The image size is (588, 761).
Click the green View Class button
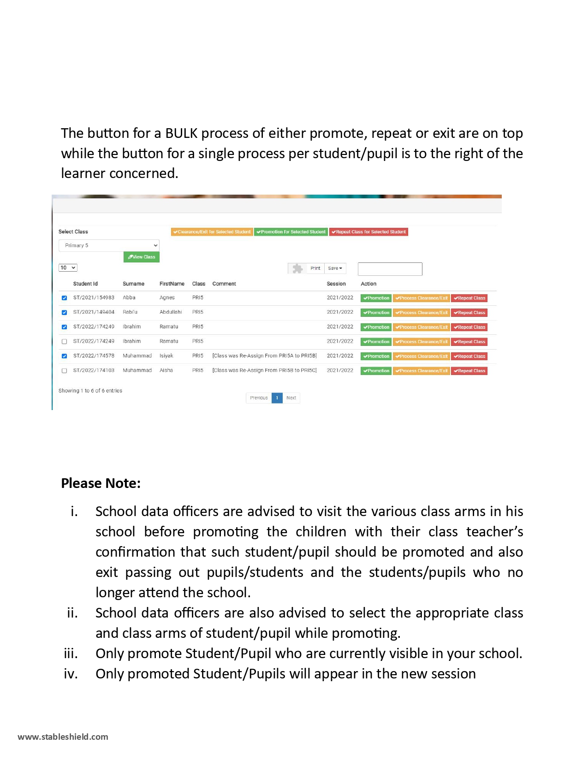pos(142,257)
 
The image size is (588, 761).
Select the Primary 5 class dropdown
pos(109,245)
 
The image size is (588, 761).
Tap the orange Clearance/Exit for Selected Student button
pos(212,232)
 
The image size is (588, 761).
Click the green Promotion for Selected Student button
pos(291,232)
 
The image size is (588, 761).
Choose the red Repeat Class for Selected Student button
pos(368,232)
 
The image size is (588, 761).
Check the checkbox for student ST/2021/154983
pos(65,298)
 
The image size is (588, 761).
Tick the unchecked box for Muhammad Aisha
pos(65,371)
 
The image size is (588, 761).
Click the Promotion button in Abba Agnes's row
pos(376,298)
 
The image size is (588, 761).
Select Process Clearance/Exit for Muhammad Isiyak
pos(421,357)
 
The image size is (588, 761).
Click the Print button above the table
pos(315,268)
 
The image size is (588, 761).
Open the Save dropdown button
pos(335,268)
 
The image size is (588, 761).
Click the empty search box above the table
pos(390,269)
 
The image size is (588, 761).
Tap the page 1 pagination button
pos(277,398)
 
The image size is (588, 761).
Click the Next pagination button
pos(291,398)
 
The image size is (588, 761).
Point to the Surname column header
pos(133,284)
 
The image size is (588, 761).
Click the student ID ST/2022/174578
pos(94,356)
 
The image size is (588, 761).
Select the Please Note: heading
pos(101,483)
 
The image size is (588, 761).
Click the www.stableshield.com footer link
pos(63,737)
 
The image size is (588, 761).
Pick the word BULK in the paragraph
pos(181,133)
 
